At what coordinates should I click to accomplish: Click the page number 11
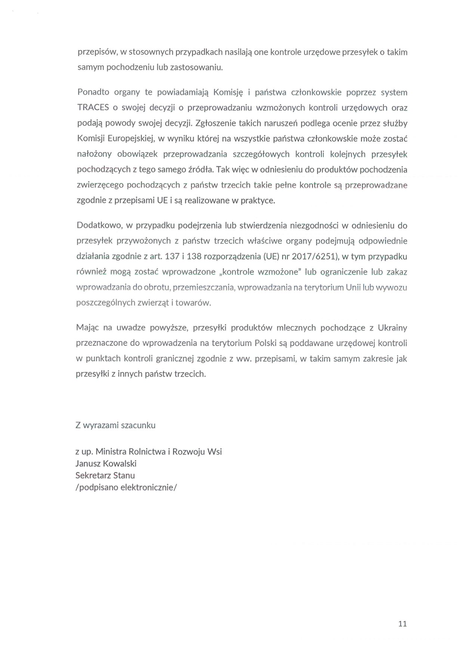[402, 624]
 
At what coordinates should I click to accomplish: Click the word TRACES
[93, 108]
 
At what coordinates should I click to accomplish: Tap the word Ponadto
[93, 92]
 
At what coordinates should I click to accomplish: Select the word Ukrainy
[392, 328]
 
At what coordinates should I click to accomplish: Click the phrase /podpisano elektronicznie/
[126, 488]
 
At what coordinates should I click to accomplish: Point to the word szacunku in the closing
[138, 426]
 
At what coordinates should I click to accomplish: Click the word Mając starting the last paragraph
[87, 328]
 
